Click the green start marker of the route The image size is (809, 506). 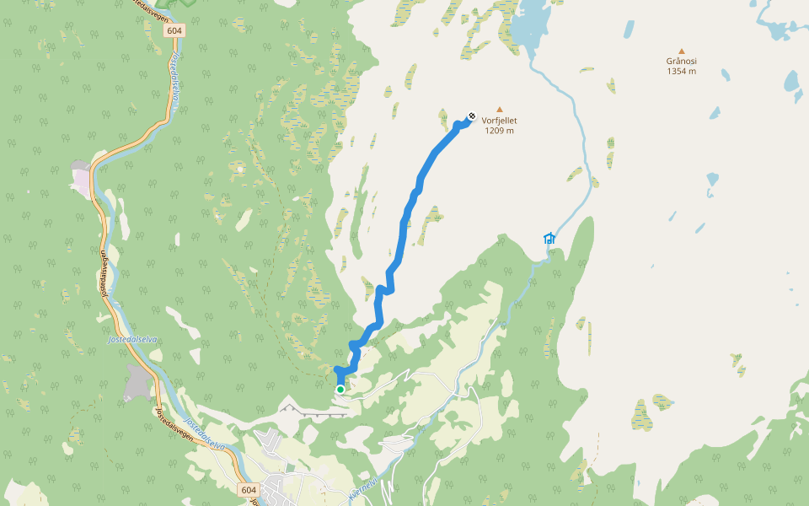(x=340, y=389)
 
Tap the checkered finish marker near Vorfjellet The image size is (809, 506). (x=471, y=117)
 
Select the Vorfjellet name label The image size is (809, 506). (x=499, y=121)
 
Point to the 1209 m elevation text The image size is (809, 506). (x=499, y=131)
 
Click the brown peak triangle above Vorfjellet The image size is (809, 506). (x=499, y=109)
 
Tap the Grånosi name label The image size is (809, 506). (x=681, y=61)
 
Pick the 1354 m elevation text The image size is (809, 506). (x=681, y=71)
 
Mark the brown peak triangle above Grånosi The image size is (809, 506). (x=681, y=50)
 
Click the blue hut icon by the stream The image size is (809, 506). (x=549, y=238)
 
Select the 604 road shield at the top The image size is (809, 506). (x=174, y=30)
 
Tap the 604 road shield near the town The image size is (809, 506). (x=248, y=490)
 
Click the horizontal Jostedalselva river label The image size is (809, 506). (x=133, y=339)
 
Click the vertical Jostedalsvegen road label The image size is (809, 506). (x=104, y=273)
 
